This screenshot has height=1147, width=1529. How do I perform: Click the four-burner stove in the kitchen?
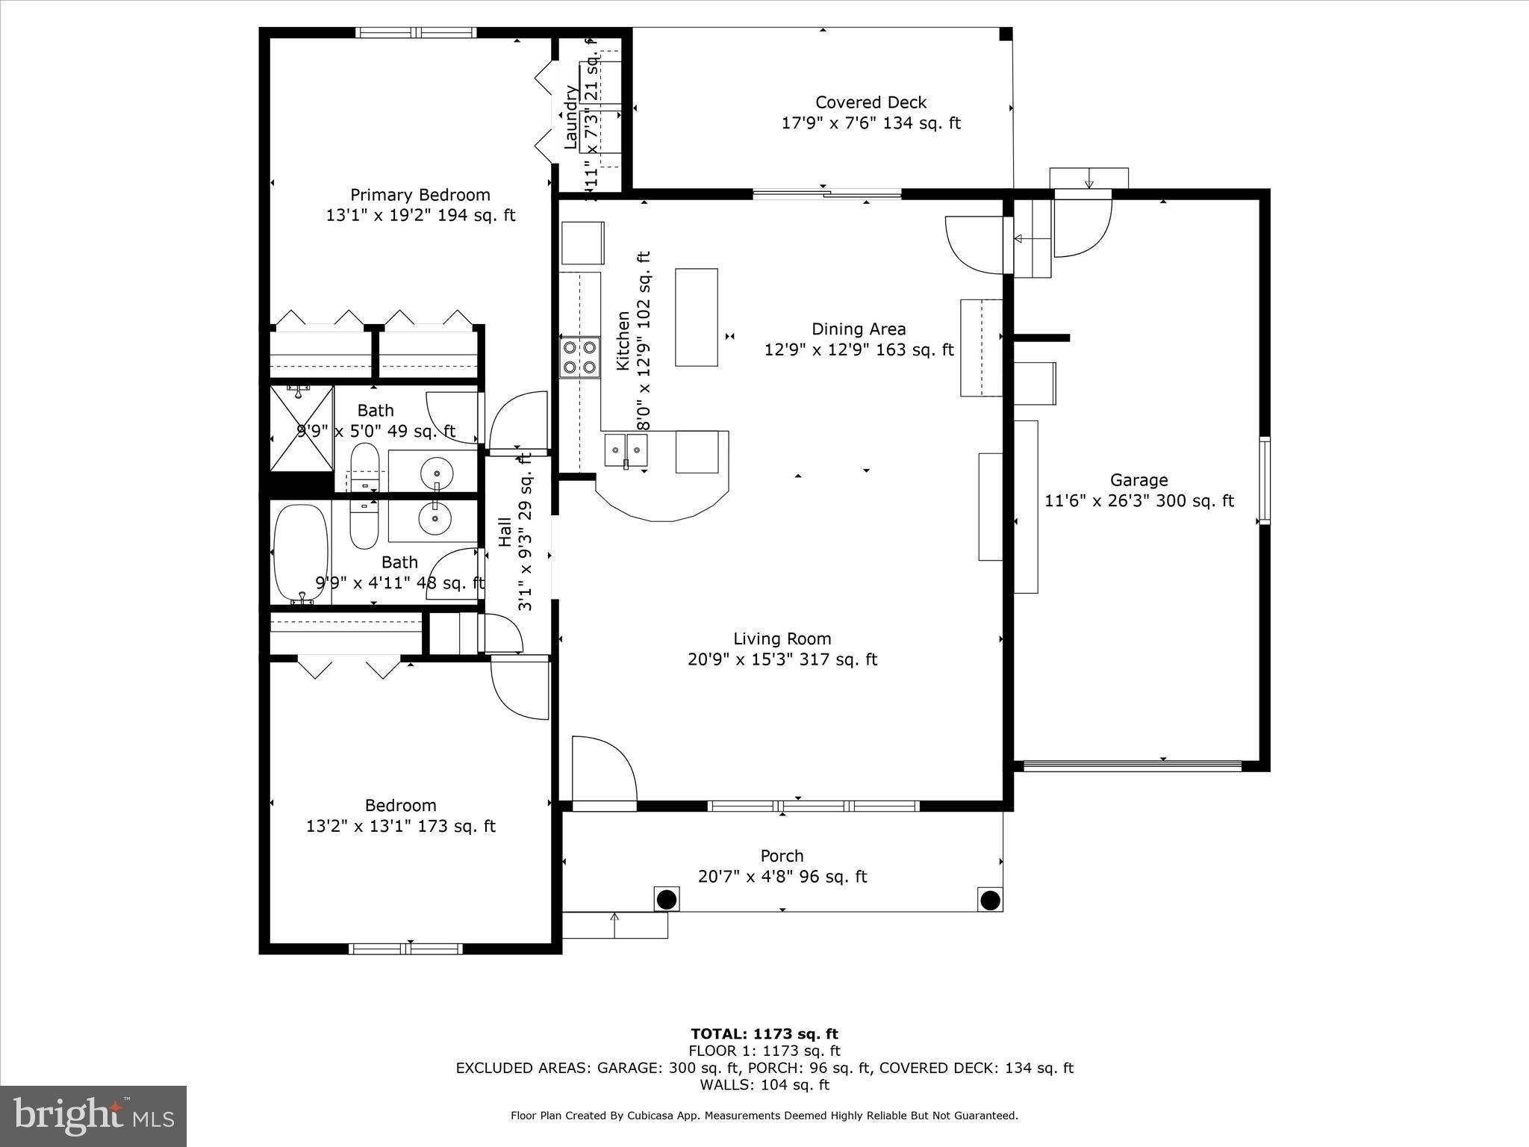pyautogui.click(x=580, y=358)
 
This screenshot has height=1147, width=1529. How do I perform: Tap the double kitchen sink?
pyautogui.click(x=626, y=450)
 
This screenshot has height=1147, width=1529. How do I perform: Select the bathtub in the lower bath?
pyautogui.click(x=301, y=553)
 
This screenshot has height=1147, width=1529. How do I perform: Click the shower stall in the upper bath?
pyautogui.click(x=301, y=428)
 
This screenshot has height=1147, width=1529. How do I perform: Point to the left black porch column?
pyautogui.click(x=666, y=898)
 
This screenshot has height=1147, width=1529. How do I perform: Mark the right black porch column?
pyautogui.click(x=989, y=900)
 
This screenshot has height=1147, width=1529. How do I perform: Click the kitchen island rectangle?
pyautogui.click(x=697, y=317)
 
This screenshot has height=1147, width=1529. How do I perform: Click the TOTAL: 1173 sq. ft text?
pyautogui.click(x=764, y=1034)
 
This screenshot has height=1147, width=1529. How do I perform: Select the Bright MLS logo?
pyautogui.click(x=93, y=1116)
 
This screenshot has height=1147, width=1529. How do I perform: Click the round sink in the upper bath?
pyautogui.click(x=436, y=473)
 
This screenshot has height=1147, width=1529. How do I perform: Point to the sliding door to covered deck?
pyautogui.click(x=826, y=195)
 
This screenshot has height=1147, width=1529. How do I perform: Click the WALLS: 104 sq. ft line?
pyautogui.click(x=764, y=1085)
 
